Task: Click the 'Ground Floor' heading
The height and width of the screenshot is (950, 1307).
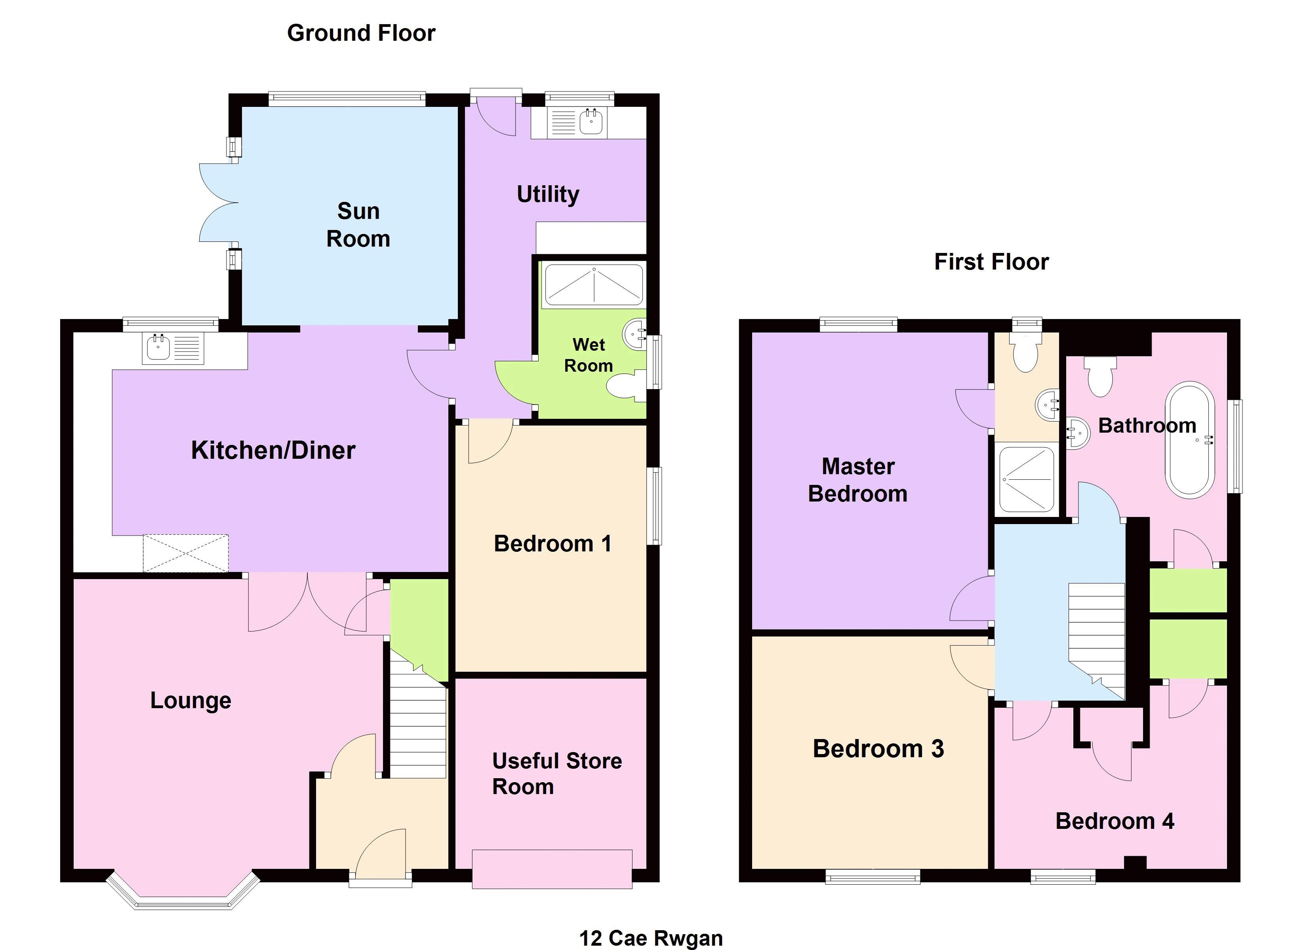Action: click(361, 33)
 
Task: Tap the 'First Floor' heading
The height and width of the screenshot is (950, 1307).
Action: click(991, 262)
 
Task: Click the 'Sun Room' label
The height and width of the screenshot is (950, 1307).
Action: click(358, 225)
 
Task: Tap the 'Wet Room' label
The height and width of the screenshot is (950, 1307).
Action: click(589, 355)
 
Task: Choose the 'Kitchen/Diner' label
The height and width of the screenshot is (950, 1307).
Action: click(273, 450)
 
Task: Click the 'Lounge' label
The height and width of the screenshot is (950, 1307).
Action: click(191, 701)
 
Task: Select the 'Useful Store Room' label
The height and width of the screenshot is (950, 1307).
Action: click(557, 774)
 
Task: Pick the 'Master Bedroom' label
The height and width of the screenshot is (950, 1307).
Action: click(858, 480)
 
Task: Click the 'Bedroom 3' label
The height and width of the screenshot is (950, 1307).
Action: click(878, 749)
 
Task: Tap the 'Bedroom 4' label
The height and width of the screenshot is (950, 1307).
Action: click(1115, 821)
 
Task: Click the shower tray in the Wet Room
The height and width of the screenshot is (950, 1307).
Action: click(594, 285)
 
